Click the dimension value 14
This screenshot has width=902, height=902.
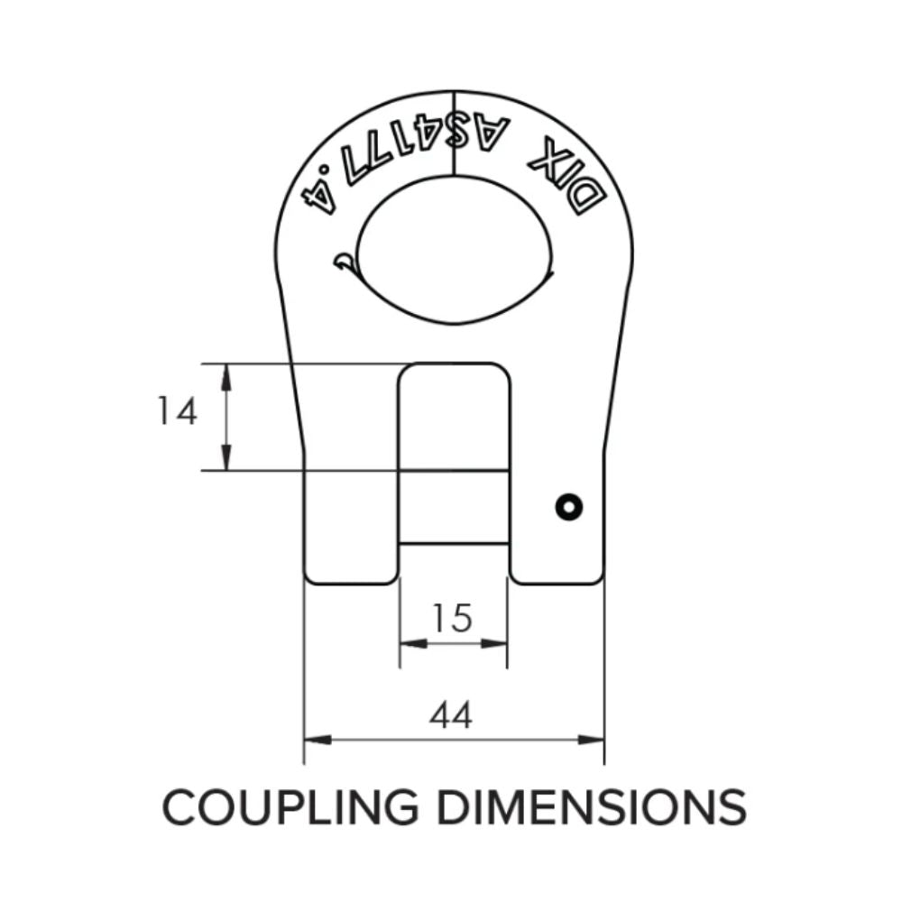click(177, 412)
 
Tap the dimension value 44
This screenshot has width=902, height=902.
click(451, 716)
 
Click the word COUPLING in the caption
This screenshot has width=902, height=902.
click(289, 806)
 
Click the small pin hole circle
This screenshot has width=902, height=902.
click(568, 507)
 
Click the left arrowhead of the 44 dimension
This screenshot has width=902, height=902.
click(312, 739)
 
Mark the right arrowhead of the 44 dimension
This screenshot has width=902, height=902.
click(595, 739)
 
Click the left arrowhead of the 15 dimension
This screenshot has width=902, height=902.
click(409, 643)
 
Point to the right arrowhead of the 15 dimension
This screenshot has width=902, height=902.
click(498, 643)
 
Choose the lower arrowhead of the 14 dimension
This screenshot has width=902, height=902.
click(225, 461)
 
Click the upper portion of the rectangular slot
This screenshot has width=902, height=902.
click(454, 415)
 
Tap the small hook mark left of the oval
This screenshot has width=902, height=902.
click(344, 261)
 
